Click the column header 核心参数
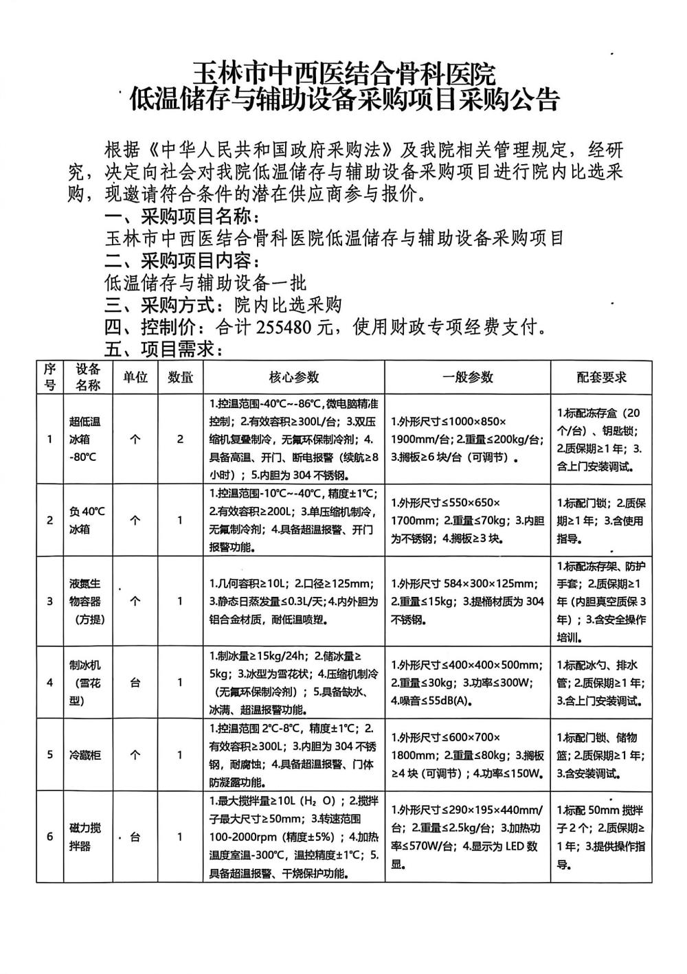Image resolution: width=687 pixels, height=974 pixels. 293,377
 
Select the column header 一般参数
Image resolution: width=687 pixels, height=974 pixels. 467,377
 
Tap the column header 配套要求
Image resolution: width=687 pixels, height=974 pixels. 601,377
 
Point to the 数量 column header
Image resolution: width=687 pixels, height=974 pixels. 180,377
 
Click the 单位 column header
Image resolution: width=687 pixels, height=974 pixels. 135,377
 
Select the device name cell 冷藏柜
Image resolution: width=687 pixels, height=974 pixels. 85,755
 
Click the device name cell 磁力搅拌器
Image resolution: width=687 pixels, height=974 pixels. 85,837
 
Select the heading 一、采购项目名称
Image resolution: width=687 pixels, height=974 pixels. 182,217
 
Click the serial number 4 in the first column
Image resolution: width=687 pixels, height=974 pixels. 49,683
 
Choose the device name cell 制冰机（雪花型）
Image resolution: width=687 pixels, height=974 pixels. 85,683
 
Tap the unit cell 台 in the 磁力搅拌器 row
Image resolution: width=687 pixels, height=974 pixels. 135,837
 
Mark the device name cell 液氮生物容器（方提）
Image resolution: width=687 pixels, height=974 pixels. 85,601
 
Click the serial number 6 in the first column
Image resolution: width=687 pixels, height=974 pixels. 49,837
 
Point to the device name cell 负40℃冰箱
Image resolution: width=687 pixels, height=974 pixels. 85,520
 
